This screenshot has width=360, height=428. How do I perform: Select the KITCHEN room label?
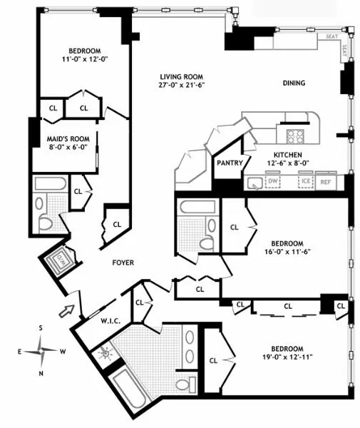click(x=284, y=154)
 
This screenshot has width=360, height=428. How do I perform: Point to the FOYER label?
click(x=123, y=263)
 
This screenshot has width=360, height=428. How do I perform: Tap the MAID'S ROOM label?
click(x=65, y=139)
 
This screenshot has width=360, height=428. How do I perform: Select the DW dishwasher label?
click(x=273, y=181)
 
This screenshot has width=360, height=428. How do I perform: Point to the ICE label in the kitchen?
click(x=304, y=181)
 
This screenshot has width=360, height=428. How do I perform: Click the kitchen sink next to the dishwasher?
click(x=254, y=183)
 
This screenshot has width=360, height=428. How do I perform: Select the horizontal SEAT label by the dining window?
click(x=331, y=36)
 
